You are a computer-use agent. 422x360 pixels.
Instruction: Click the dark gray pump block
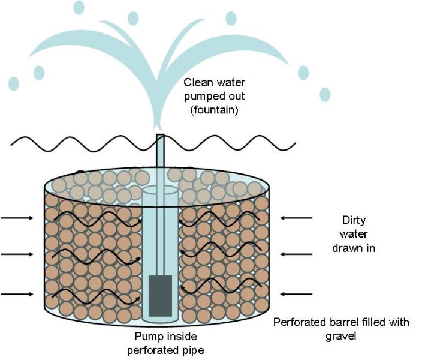click(x=160, y=295)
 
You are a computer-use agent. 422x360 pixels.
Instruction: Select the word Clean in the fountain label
click(x=197, y=83)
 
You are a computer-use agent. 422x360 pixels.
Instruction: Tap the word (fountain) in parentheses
click(x=215, y=109)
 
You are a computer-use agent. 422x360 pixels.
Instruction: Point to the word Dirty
click(x=354, y=220)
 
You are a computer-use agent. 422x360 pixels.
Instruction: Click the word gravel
click(x=341, y=336)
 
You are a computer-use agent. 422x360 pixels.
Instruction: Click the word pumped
click(x=203, y=97)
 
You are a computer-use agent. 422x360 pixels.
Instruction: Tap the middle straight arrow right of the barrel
click(x=297, y=254)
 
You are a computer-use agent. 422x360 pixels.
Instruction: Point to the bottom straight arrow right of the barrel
click(x=297, y=294)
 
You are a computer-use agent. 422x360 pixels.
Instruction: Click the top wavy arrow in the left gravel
click(x=96, y=217)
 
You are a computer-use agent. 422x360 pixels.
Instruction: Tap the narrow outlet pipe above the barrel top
click(x=160, y=156)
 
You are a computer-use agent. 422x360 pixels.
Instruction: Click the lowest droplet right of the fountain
click(x=324, y=94)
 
